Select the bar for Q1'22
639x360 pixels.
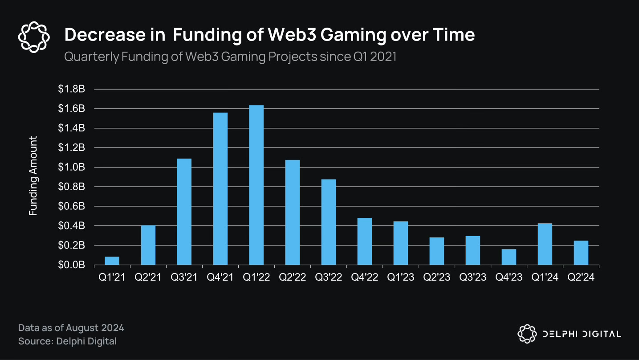coord(256,185)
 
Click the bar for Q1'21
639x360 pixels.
coord(112,261)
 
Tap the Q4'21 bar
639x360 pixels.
coord(220,189)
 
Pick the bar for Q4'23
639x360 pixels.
coord(509,257)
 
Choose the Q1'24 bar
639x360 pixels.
coord(545,244)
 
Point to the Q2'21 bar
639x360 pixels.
coord(148,245)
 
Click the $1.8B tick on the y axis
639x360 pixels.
coord(71,89)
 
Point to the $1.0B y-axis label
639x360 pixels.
coord(71,167)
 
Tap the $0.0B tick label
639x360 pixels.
coord(71,265)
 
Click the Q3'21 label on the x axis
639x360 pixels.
coord(184,277)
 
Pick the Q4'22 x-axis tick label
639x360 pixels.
coord(364,277)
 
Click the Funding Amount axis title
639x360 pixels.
coord(33,176)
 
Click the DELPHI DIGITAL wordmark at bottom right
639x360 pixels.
coord(582,334)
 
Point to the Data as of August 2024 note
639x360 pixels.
coord(71,328)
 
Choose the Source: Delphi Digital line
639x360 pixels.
coord(67,341)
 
